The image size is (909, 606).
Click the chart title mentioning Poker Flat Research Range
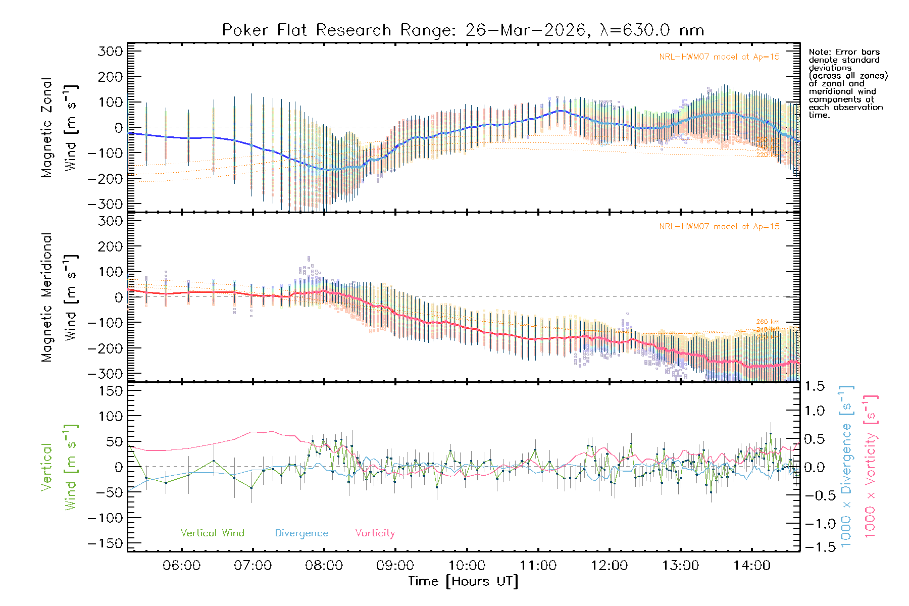[463, 30]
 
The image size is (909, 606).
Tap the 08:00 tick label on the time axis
[324, 565]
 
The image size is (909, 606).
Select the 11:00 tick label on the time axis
[538, 565]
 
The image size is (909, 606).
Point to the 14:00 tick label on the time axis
[752, 565]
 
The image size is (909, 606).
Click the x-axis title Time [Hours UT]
[463, 581]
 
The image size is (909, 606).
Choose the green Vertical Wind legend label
[212, 533]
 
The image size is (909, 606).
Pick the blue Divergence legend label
[301, 533]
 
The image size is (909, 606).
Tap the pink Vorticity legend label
[375, 533]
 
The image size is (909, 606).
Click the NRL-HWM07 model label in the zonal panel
[719, 57]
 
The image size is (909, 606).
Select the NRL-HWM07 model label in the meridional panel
[719, 227]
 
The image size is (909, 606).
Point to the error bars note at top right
[847, 83]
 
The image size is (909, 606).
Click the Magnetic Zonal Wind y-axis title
[59, 127]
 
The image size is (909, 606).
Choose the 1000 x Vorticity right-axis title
[871, 466]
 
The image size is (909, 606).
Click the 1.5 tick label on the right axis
[814, 386]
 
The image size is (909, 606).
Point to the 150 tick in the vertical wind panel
[111, 391]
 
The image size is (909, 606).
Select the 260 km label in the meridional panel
[768, 322]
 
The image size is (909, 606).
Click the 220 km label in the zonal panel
[768, 155]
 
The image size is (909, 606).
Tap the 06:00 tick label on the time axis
[181, 565]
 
